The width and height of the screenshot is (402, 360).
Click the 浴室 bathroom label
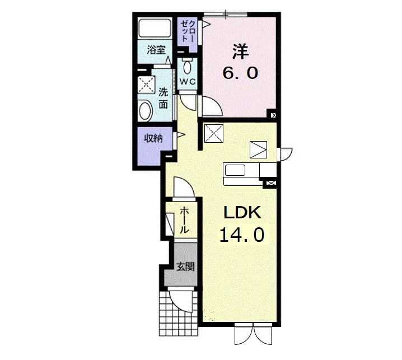(x=156, y=49)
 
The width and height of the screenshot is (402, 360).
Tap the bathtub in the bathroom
(x=155, y=28)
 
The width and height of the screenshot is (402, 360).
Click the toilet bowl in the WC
(x=188, y=67)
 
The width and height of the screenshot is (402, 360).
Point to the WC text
(x=188, y=82)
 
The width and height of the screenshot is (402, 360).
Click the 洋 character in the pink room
(x=240, y=52)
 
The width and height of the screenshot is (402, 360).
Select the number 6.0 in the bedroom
(x=240, y=73)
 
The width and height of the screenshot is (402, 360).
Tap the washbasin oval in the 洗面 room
(x=145, y=110)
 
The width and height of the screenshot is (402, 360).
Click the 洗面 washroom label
(x=163, y=98)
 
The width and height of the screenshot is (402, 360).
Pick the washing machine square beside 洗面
(x=146, y=85)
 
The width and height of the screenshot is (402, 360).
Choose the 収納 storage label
(x=153, y=139)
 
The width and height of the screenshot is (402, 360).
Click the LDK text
(x=242, y=213)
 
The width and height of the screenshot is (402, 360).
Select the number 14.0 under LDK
(x=242, y=235)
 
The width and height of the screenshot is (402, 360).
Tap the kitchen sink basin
(x=235, y=170)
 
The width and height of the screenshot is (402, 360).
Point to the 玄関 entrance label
(x=186, y=267)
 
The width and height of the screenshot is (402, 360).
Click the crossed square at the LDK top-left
(x=214, y=133)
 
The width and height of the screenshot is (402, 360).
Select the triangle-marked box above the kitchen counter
(x=259, y=149)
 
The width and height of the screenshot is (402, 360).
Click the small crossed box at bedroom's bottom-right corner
(x=274, y=115)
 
